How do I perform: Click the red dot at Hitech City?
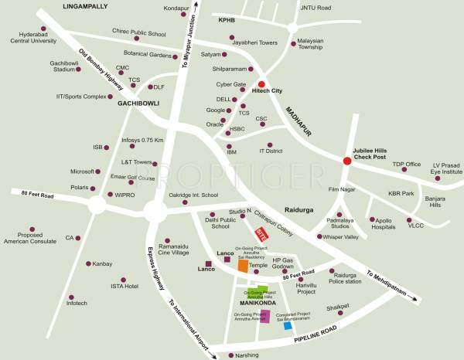pos(261,85)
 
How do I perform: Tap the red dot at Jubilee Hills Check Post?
pos(347,161)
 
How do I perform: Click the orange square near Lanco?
pos(243,266)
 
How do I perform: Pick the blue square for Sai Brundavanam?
pos(288,327)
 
